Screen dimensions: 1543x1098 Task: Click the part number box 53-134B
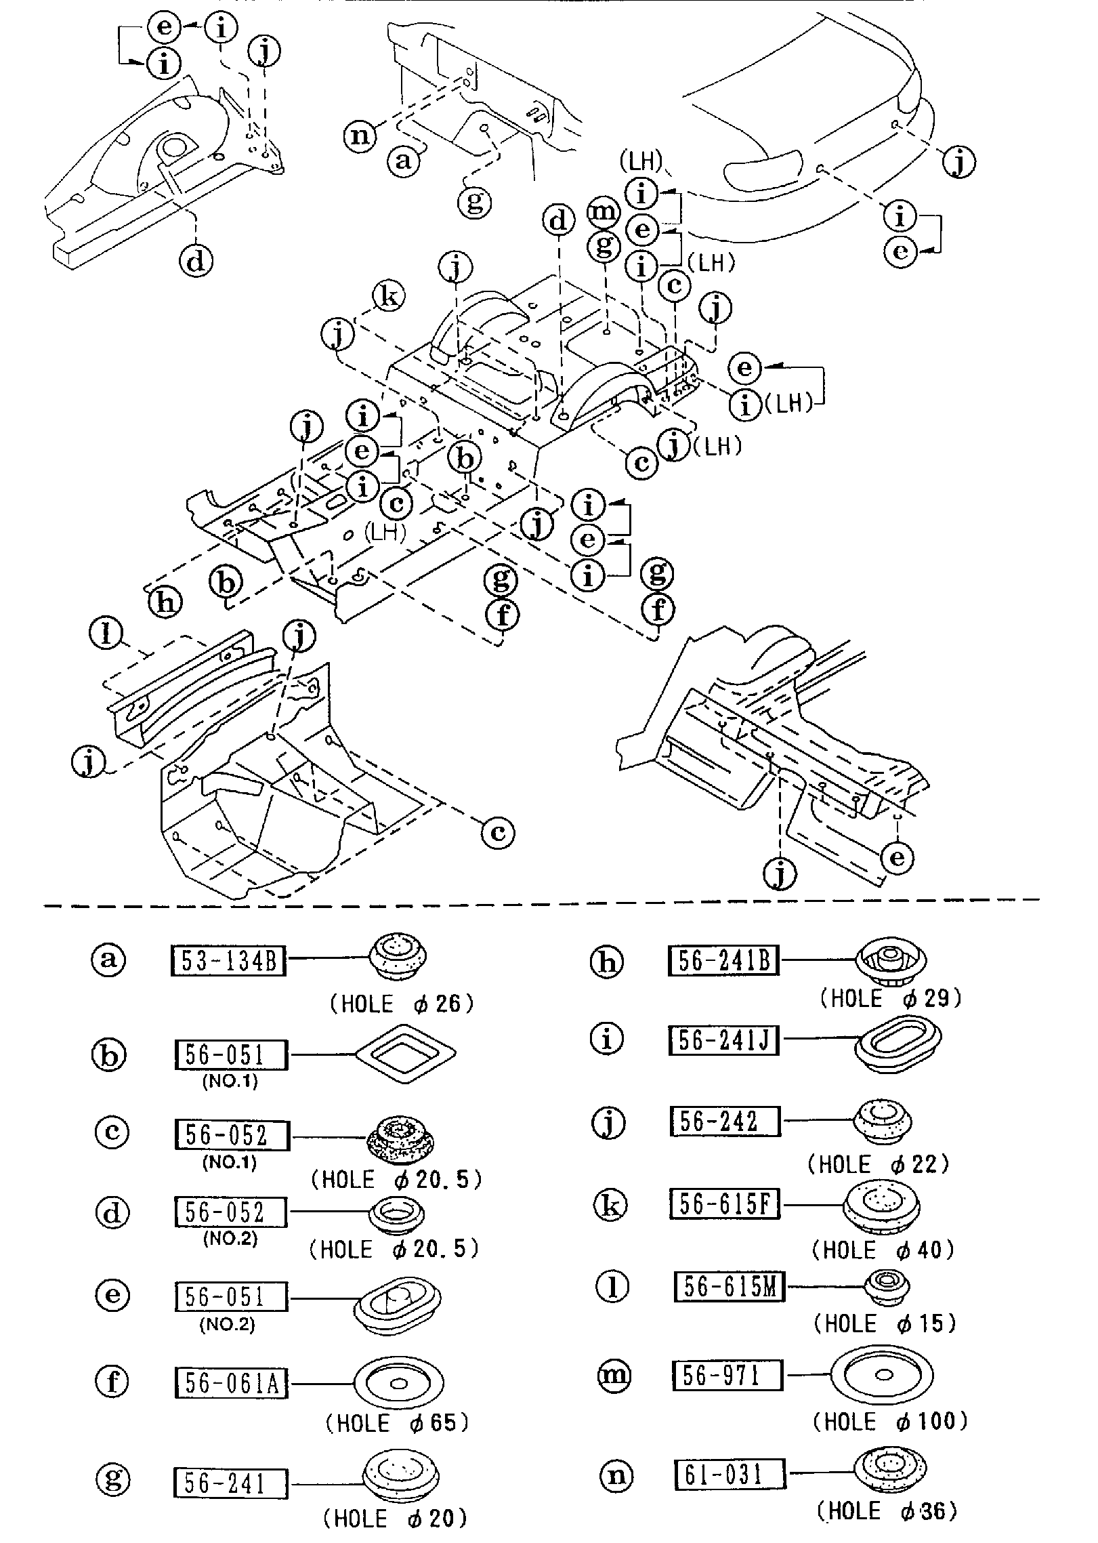coord(227,962)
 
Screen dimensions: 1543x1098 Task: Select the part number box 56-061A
coord(231,1384)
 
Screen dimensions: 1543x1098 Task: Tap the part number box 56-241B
coord(723,961)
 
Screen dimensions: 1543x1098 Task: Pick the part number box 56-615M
coord(729,1287)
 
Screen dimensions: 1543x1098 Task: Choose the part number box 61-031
coord(730,1475)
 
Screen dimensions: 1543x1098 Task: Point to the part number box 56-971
coord(727,1376)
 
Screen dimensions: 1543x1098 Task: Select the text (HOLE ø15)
coord(885,1323)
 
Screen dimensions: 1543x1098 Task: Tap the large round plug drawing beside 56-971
coord(882,1375)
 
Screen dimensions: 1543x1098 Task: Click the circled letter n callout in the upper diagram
coord(360,136)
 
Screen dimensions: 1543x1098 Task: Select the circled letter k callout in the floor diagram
coord(389,296)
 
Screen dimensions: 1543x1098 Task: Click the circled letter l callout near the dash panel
coord(106,634)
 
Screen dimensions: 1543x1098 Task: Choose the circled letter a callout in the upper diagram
coord(404,161)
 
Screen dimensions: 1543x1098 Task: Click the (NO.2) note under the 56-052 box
coord(230,1238)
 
